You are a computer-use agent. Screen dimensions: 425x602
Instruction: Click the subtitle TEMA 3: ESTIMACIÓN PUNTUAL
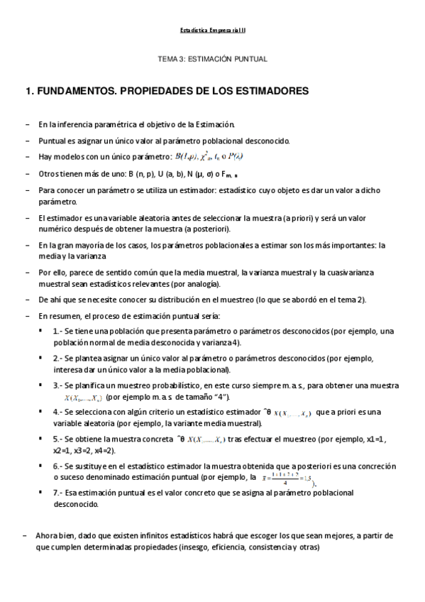pos(211,60)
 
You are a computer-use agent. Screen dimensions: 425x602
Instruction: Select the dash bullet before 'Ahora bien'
pos(26,537)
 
